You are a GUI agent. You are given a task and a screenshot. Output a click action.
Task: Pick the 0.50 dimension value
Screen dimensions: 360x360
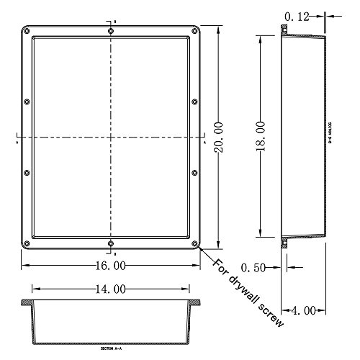[253, 267]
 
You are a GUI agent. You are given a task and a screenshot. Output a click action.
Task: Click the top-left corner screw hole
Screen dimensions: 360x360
[27, 31]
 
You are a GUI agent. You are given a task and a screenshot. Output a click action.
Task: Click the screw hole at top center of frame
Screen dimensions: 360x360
[110, 31]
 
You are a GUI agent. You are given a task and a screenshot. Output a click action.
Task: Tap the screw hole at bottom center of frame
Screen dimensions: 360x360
[110, 243]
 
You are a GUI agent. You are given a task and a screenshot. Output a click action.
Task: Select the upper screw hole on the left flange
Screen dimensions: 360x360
[27, 102]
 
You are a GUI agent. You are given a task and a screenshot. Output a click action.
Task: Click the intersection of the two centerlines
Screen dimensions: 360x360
[111, 137]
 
